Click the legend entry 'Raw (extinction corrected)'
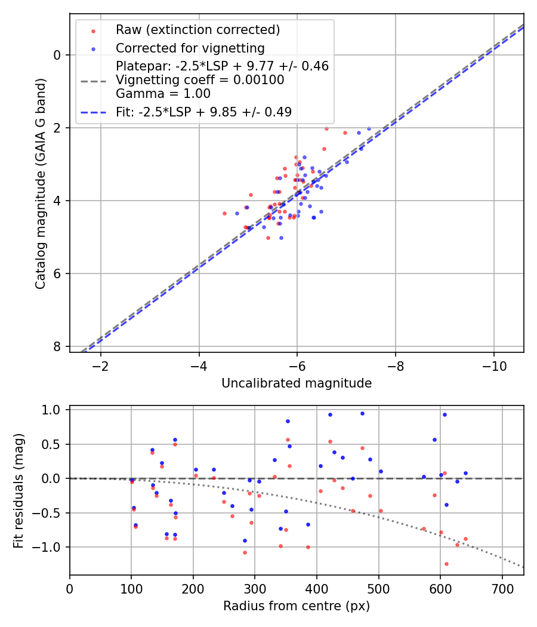click(x=197, y=30)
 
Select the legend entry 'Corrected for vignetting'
click(x=190, y=48)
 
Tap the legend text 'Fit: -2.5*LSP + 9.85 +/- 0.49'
click(x=203, y=112)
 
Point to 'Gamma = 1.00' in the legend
click(x=163, y=93)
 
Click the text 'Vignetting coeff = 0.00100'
click(x=200, y=80)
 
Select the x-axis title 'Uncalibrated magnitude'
click(x=297, y=383)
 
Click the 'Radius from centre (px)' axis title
click(x=297, y=606)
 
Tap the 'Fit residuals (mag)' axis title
click(x=18, y=490)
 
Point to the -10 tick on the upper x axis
click(x=493, y=365)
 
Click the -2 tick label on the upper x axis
click(x=100, y=365)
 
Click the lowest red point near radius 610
click(x=446, y=564)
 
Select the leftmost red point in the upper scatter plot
click(x=224, y=213)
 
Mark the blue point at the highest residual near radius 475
click(x=362, y=413)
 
